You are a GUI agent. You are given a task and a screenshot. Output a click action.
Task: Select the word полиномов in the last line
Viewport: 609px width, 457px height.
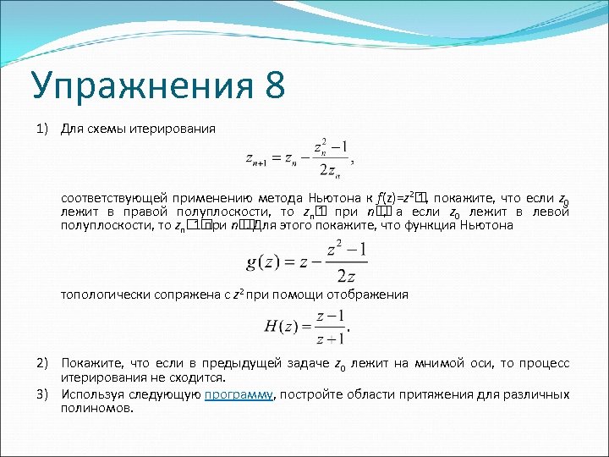[96, 408]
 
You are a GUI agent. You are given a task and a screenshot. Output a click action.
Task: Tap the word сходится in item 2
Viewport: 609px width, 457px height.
[202, 377]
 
